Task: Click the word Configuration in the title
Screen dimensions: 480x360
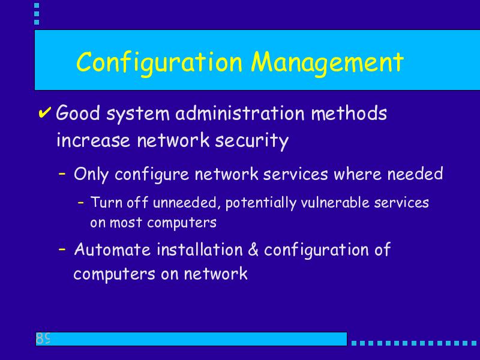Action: [x=159, y=64]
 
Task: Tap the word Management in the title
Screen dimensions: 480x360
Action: [x=327, y=64]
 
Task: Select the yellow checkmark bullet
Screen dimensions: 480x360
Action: [x=44, y=112]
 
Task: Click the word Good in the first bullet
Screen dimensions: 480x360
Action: [x=78, y=113]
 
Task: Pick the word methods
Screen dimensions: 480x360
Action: [x=349, y=113]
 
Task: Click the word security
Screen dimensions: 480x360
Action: [x=251, y=141]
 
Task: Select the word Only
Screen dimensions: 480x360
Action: [x=91, y=175]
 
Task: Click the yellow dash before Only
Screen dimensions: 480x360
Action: [x=62, y=173]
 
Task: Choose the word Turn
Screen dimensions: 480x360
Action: [x=107, y=202]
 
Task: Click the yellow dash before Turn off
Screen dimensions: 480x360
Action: [x=81, y=202]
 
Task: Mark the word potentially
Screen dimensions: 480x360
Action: [x=261, y=203]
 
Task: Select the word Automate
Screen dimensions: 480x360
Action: [x=112, y=249]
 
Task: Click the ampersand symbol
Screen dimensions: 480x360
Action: [x=253, y=249]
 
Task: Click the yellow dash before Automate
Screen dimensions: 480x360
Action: [x=62, y=249]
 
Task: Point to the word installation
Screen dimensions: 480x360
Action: [x=200, y=249]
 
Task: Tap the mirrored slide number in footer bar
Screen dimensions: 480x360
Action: [x=43, y=338]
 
